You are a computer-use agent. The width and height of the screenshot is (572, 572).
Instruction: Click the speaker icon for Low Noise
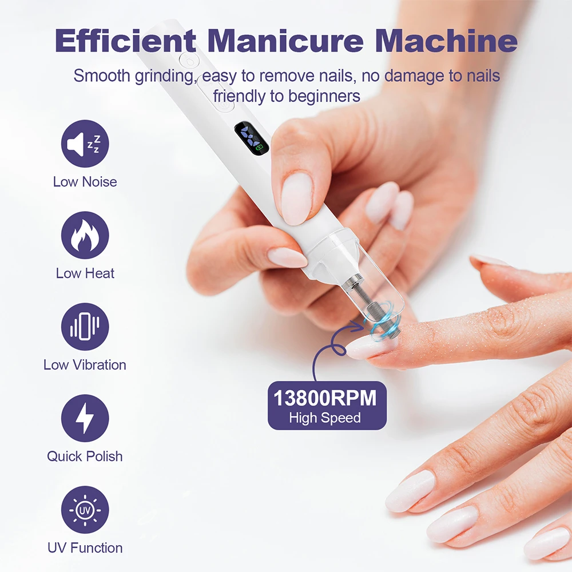click(85, 144)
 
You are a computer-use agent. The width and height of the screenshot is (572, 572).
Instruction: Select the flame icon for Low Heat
click(85, 235)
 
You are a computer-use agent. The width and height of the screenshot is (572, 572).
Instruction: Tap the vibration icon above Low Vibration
click(85, 327)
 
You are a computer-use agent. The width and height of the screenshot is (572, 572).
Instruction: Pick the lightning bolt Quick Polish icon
click(85, 418)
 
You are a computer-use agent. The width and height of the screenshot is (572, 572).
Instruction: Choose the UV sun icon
click(85, 510)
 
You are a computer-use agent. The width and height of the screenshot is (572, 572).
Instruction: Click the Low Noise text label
click(85, 182)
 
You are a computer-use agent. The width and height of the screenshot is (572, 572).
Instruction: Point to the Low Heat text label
click(85, 273)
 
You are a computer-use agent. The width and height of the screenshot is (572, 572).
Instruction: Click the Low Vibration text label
click(85, 365)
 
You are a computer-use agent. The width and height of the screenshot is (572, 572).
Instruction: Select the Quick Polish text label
click(85, 456)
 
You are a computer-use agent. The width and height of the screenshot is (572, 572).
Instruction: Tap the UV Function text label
click(85, 548)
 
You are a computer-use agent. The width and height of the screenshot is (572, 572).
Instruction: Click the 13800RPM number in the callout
click(324, 398)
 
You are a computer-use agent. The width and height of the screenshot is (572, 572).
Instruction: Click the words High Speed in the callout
click(324, 418)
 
